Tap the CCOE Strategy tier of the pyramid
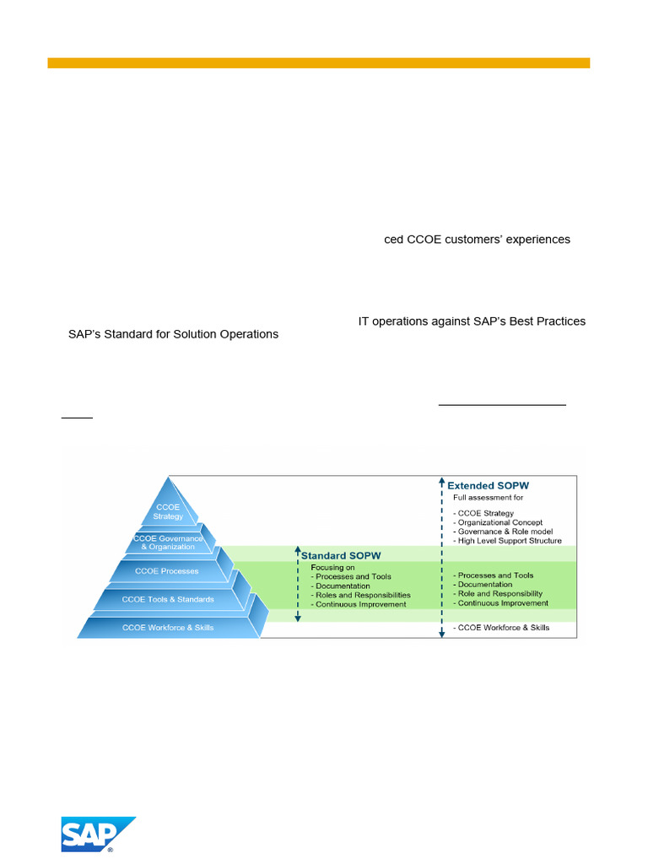[168, 511]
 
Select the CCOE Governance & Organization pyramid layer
[168, 543]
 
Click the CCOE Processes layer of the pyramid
[167, 571]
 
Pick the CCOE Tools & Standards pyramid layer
[168, 600]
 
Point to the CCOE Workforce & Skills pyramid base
[168, 628]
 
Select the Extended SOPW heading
[488, 486]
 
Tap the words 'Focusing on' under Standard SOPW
[332, 567]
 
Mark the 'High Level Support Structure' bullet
[507, 541]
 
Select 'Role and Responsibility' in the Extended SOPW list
[500, 594]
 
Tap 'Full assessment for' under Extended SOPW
[488, 498]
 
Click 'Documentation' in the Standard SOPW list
[343, 586]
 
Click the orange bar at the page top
[319, 62]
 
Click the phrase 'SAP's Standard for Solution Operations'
[173, 334]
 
